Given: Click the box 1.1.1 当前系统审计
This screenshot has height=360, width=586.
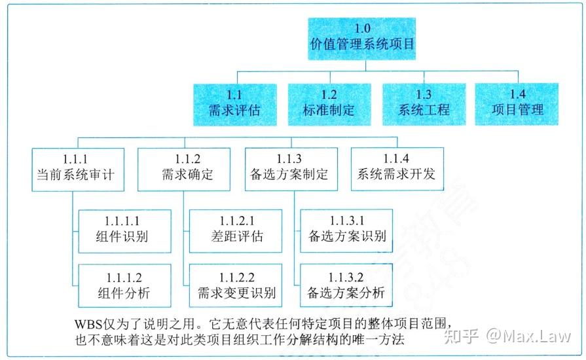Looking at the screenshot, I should click(77, 169).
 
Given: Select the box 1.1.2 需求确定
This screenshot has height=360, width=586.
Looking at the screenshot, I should click(184, 169).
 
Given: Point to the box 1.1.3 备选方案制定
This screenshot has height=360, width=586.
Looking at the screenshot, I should click(291, 169).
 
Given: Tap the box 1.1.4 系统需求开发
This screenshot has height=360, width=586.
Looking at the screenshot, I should click(396, 169).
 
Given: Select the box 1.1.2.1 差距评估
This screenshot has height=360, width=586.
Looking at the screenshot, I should click(235, 230).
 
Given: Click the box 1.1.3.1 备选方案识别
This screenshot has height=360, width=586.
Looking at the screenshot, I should click(346, 230).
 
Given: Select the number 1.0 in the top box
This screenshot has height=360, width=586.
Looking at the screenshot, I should click(362, 29).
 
